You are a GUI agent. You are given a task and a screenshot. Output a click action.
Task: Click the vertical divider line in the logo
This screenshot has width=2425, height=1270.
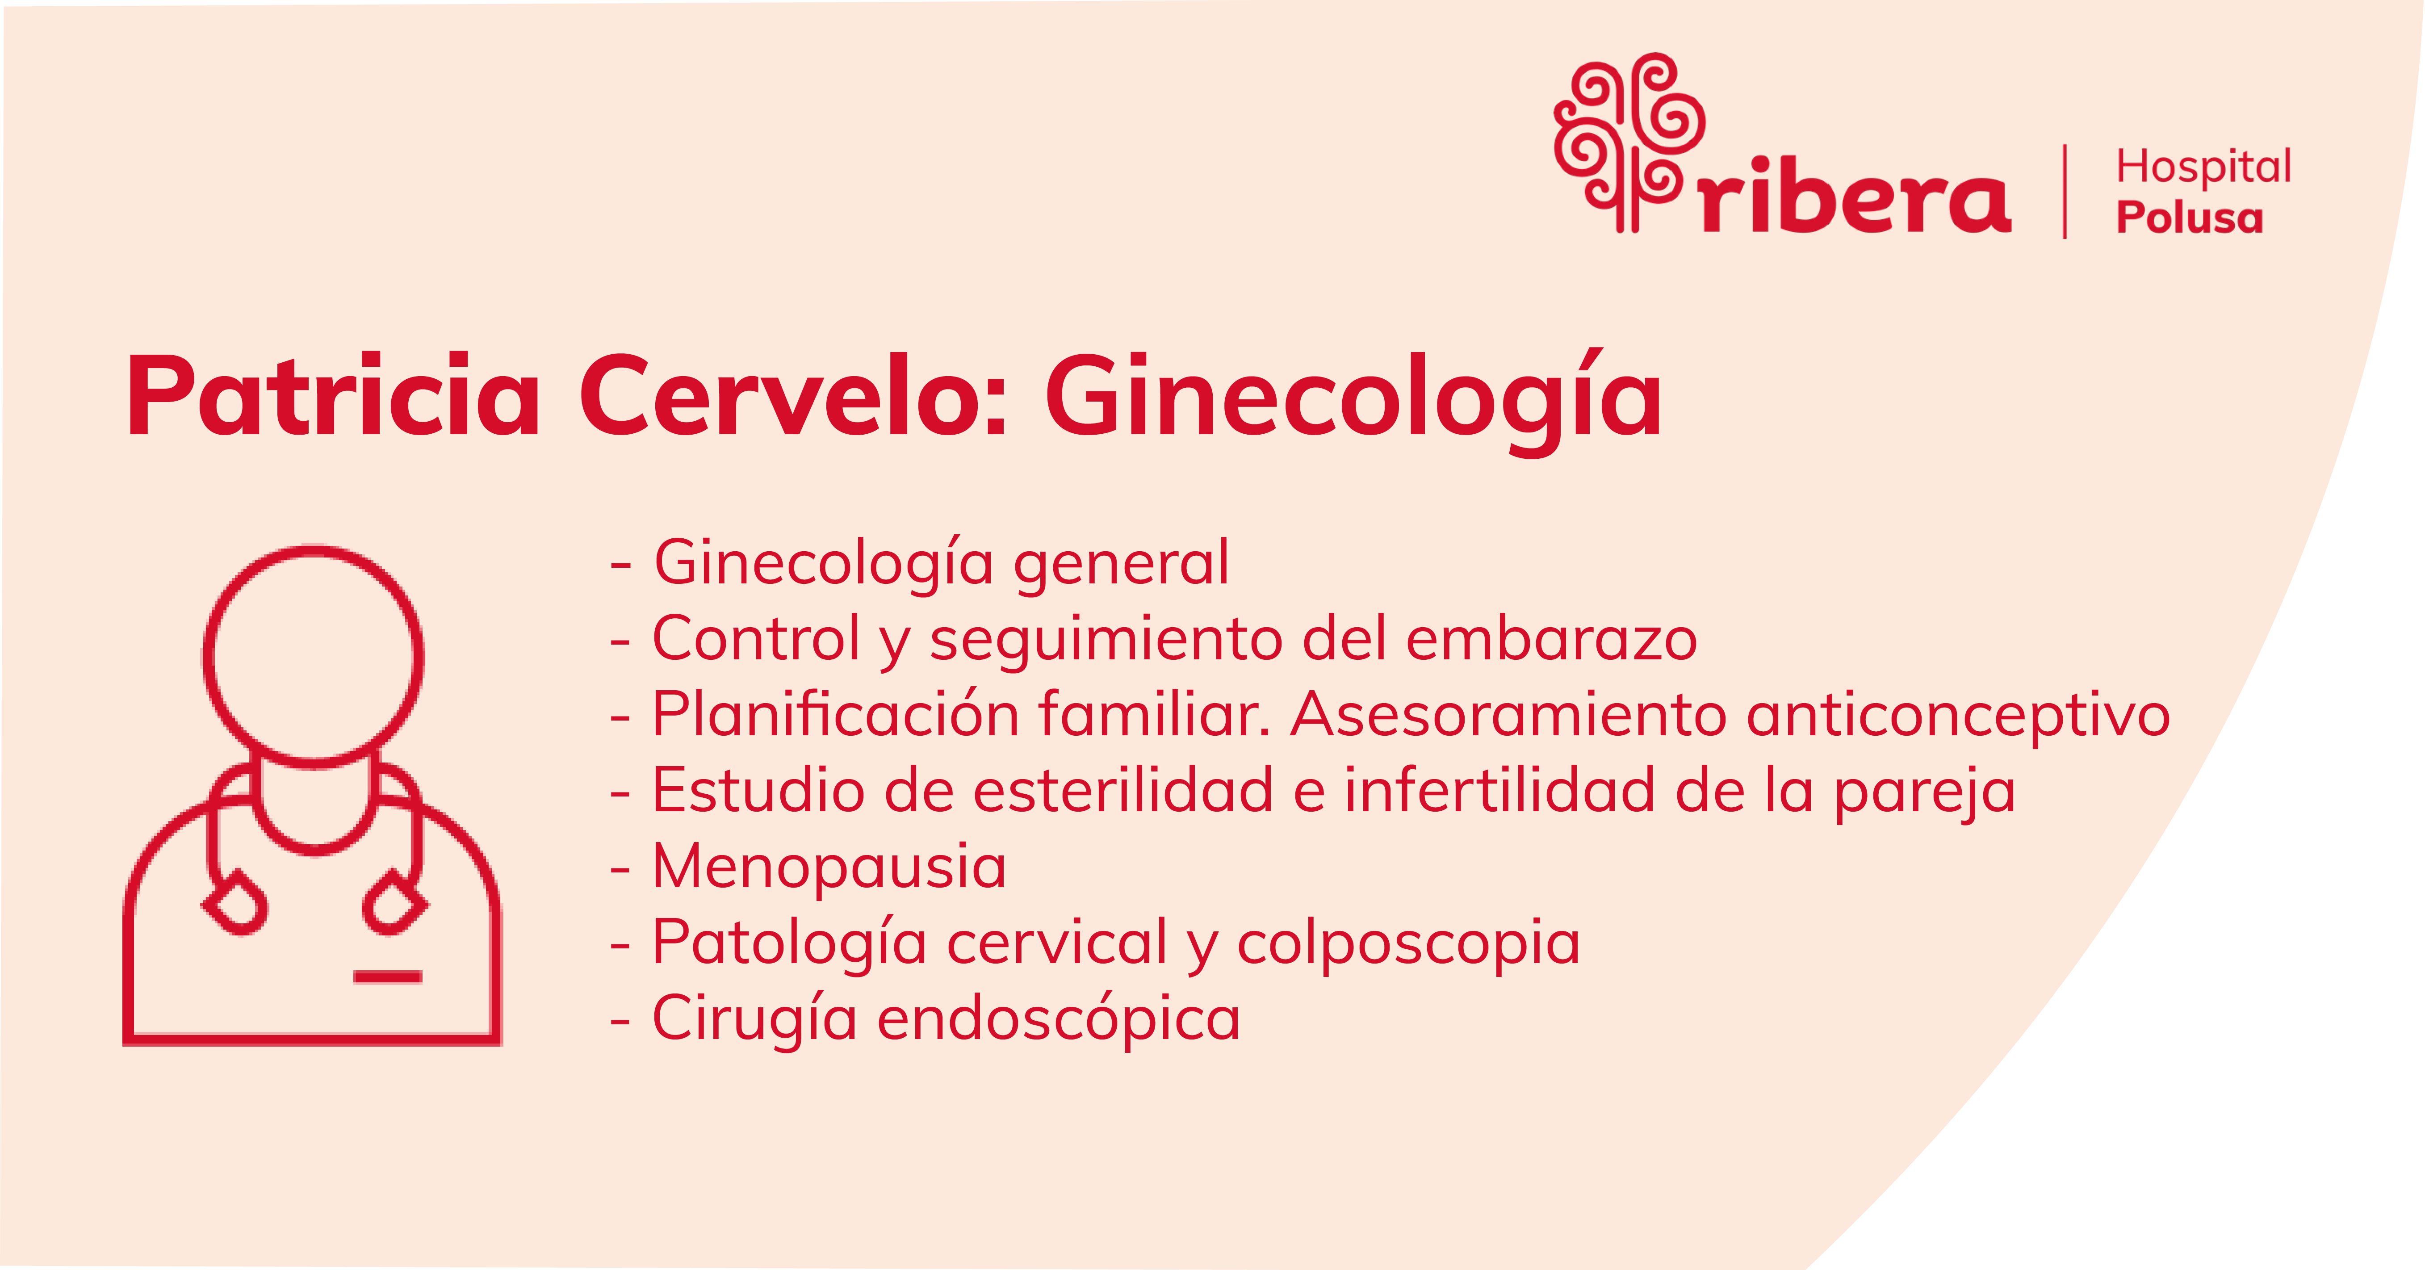[x=2065, y=191]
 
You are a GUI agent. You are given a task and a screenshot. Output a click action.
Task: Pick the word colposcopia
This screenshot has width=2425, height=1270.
[x=1408, y=944]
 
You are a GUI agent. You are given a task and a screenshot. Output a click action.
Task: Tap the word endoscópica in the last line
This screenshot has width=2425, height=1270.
[x=1059, y=1021]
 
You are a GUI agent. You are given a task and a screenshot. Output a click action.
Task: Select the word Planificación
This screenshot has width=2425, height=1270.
[x=836, y=716]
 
